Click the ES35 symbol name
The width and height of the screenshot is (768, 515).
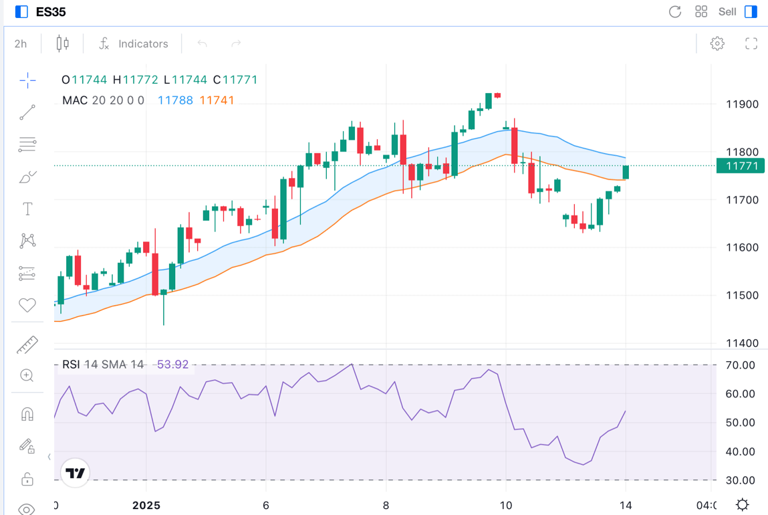coord(51,11)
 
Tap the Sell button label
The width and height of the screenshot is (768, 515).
coord(727,11)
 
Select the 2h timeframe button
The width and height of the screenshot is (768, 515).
coord(21,43)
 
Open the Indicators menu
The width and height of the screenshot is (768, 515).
coord(134,43)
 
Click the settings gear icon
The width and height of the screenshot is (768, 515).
coord(717,43)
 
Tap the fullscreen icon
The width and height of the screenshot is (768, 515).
coord(751,43)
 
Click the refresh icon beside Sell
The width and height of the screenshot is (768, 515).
coord(675,11)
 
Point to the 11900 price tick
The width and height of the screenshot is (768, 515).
coord(742,104)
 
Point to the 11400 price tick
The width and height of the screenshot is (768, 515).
coord(742,343)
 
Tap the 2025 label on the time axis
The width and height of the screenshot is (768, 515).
coord(146,505)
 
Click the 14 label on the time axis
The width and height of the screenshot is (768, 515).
coord(626,505)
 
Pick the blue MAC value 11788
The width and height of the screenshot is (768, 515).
coord(175,100)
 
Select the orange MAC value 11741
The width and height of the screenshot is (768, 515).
coord(217,100)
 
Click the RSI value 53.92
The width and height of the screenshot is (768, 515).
coord(172,365)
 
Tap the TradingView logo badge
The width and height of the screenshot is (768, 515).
coord(75,474)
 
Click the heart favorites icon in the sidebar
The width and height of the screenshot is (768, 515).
coord(27,305)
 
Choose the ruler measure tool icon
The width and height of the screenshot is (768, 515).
coord(27,345)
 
